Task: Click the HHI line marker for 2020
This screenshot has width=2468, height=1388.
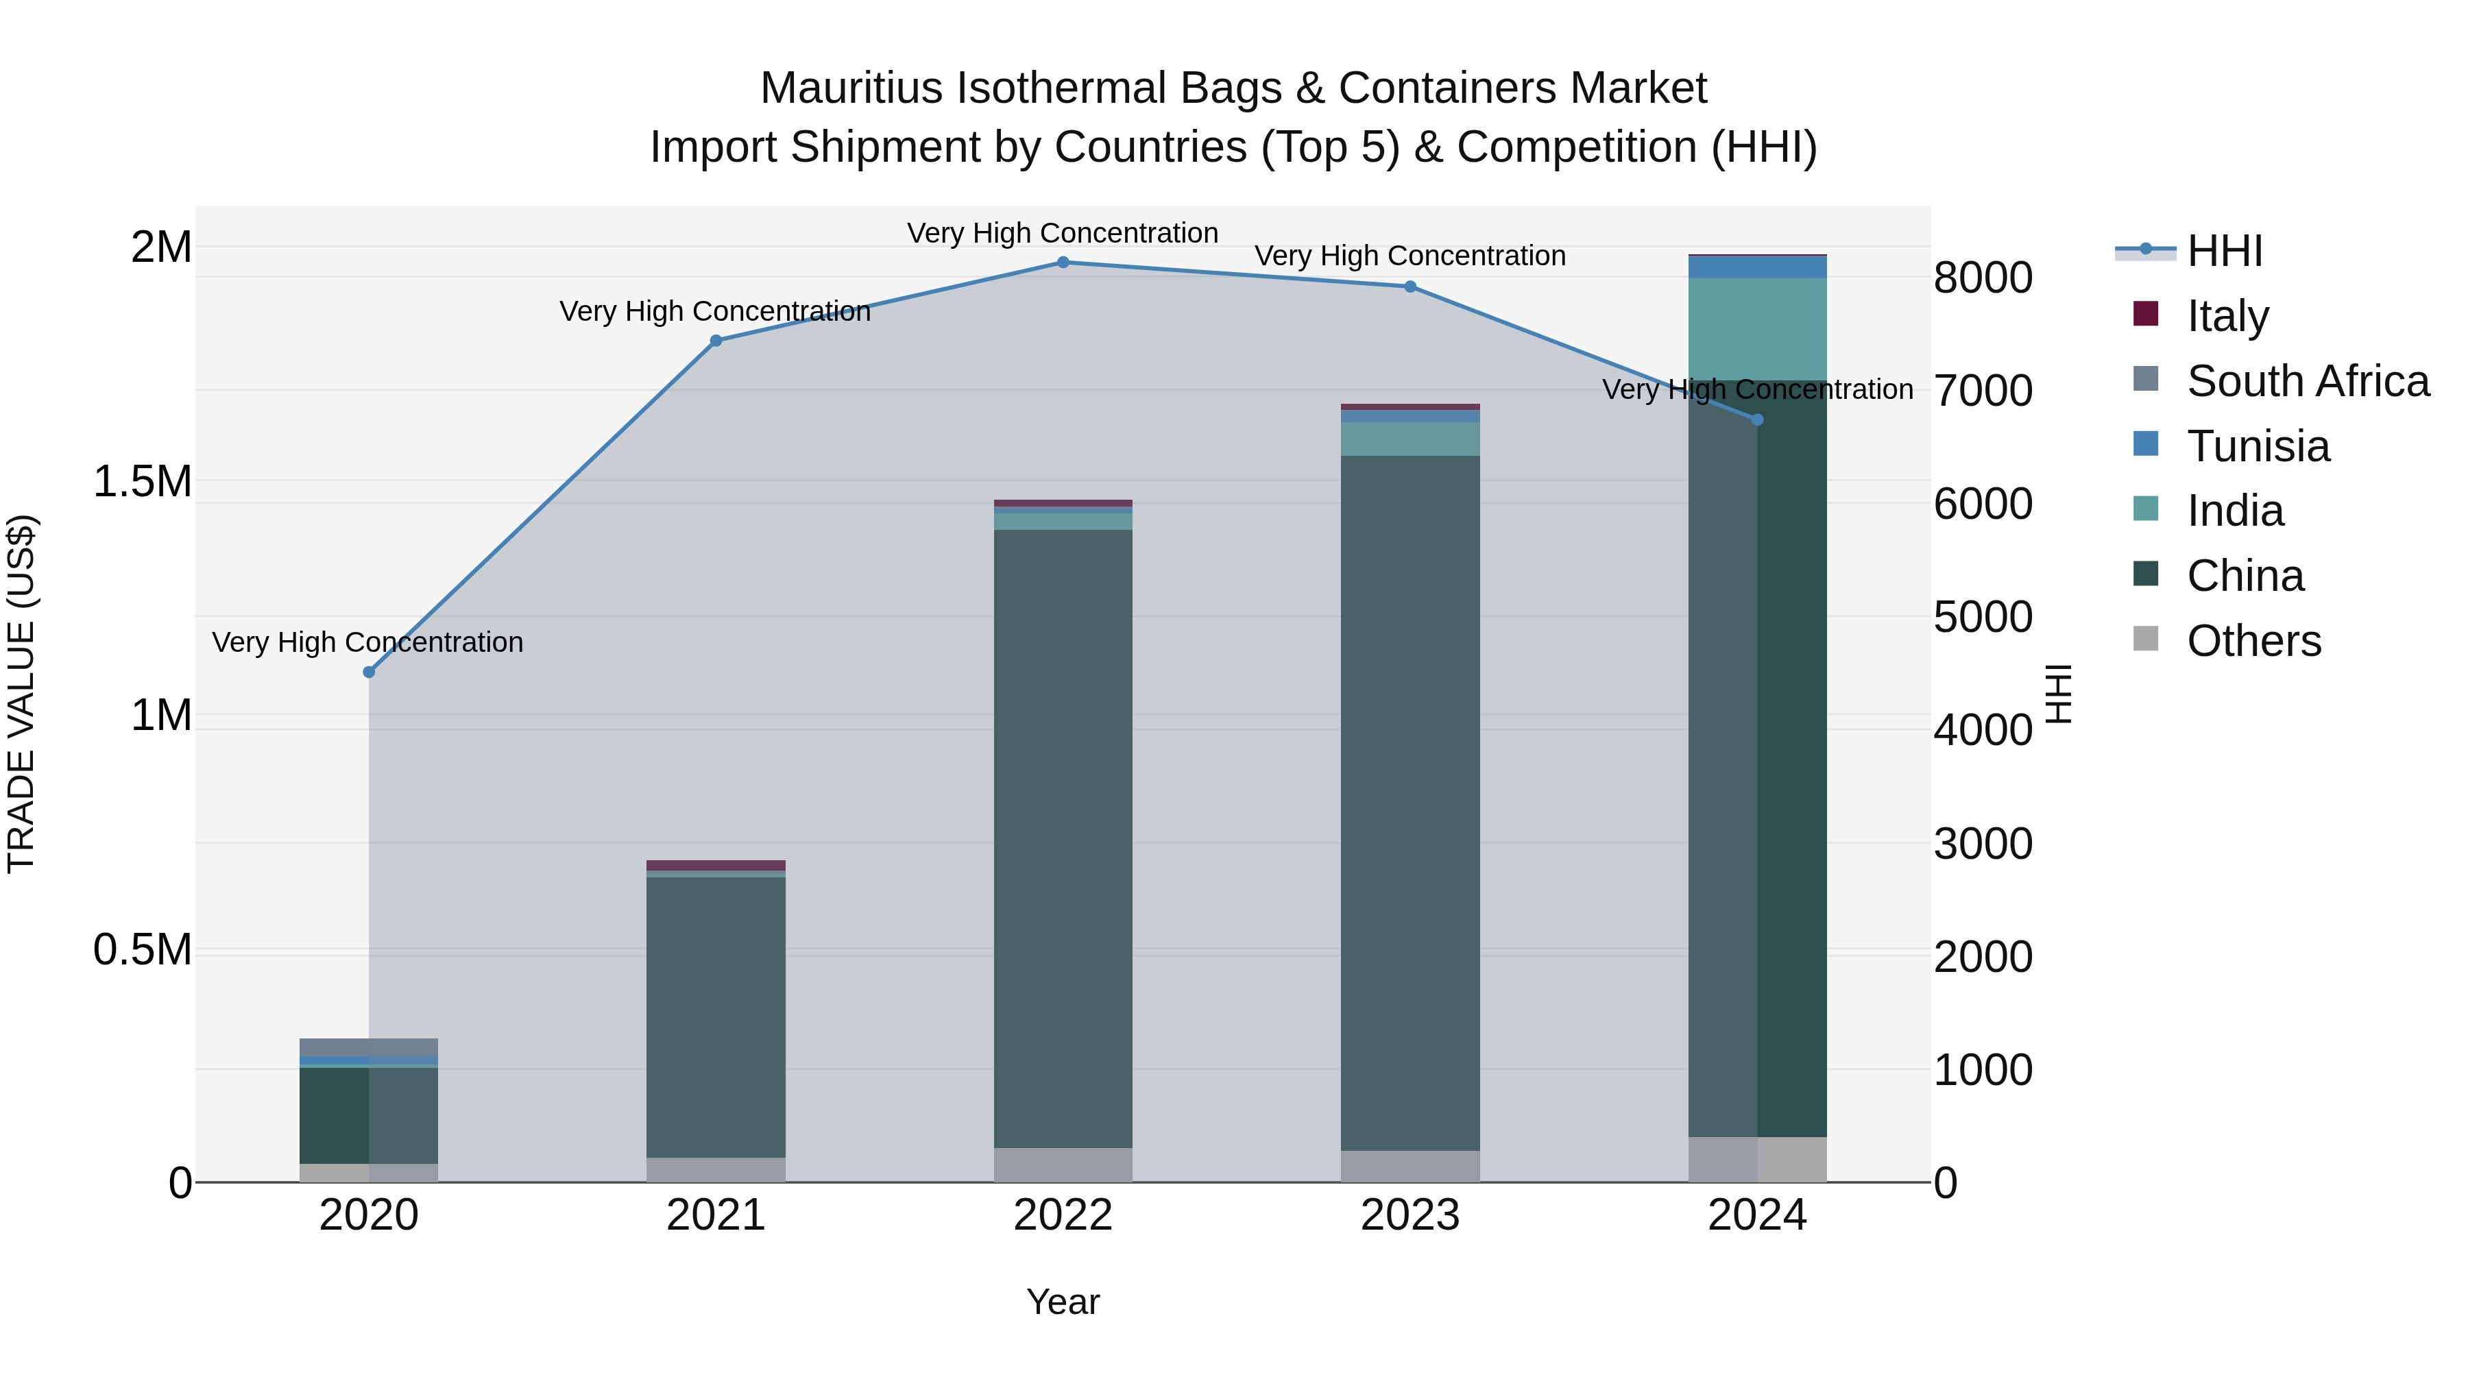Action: [x=369, y=672]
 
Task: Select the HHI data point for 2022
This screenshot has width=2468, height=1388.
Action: [x=1063, y=263]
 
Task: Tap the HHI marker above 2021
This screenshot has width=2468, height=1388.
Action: [x=716, y=341]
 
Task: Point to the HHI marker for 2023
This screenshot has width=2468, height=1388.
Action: [x=1410, y=287]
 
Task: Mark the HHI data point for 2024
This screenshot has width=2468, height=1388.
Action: [x=1757, y=419]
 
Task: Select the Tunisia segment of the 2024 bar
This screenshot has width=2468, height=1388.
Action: [x=1757, y=267]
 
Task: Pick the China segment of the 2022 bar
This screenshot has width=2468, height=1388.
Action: [x=1063, y=838]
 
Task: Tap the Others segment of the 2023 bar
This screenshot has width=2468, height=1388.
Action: [x=1410, y=1166]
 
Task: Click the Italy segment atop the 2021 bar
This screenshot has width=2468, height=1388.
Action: [x=716, y=865]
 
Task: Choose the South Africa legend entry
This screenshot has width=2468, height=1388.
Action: [x=2307, y=381]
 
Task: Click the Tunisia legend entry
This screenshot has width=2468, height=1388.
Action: [x=2258, y=446]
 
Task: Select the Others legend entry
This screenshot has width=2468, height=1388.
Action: [x=2253, y=641]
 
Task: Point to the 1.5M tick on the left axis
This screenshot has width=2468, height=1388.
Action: [x=143, y=482]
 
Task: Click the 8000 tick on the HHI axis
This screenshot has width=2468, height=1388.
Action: [x=1982, y=278]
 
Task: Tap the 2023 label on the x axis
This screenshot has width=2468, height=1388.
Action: [x=1410, y=1215]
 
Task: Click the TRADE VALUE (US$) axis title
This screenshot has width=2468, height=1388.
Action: [x=21, y=694]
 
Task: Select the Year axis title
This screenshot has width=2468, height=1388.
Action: [x=1063, y=1302]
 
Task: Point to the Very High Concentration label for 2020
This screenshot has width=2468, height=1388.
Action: [x=368, y=642]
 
